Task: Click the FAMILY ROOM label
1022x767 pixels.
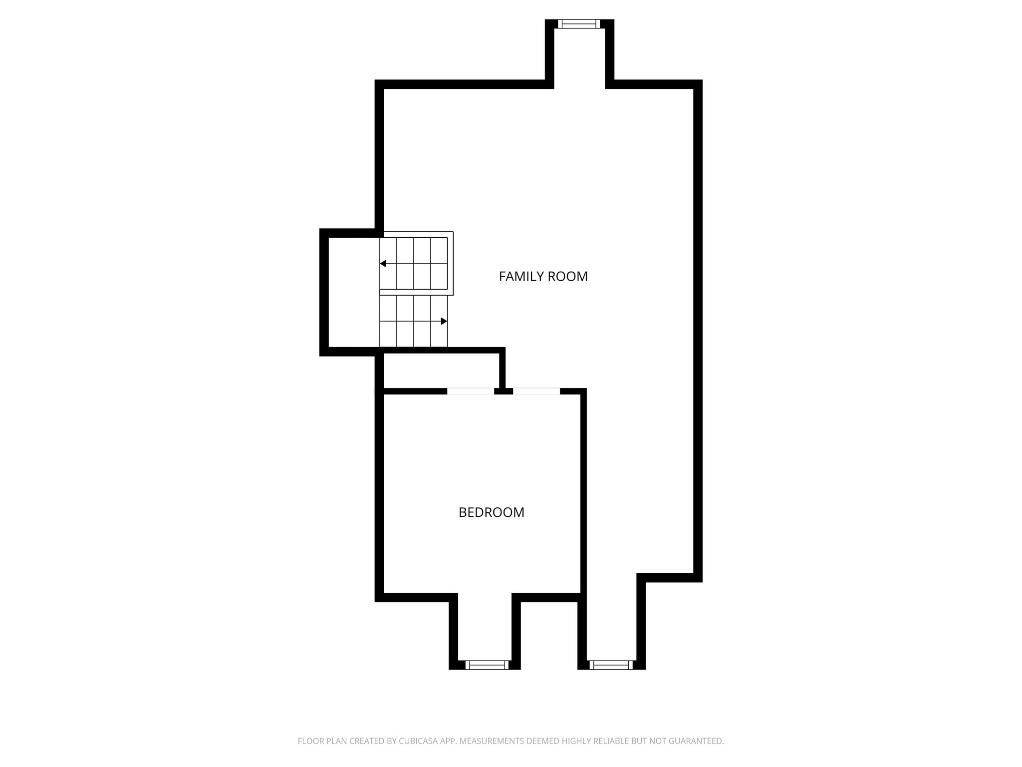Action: (543, 276)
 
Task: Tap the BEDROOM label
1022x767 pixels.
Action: (491, 512)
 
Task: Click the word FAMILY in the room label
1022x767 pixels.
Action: (521, 276)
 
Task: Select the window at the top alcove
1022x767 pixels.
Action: (579, 23)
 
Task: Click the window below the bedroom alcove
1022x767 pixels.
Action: (487, 665)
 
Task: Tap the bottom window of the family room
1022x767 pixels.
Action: (611, 665)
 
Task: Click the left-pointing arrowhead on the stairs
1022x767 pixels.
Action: (383, 263)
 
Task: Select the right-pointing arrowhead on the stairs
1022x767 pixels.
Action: (444, 321)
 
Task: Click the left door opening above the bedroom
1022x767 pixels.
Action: (471, 391)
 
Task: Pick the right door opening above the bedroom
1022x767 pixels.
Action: (536, 391)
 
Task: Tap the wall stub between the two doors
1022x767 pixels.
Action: (504, 391)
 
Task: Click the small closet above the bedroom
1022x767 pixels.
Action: (441, 370)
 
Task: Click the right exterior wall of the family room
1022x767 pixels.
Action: (698, 330)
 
